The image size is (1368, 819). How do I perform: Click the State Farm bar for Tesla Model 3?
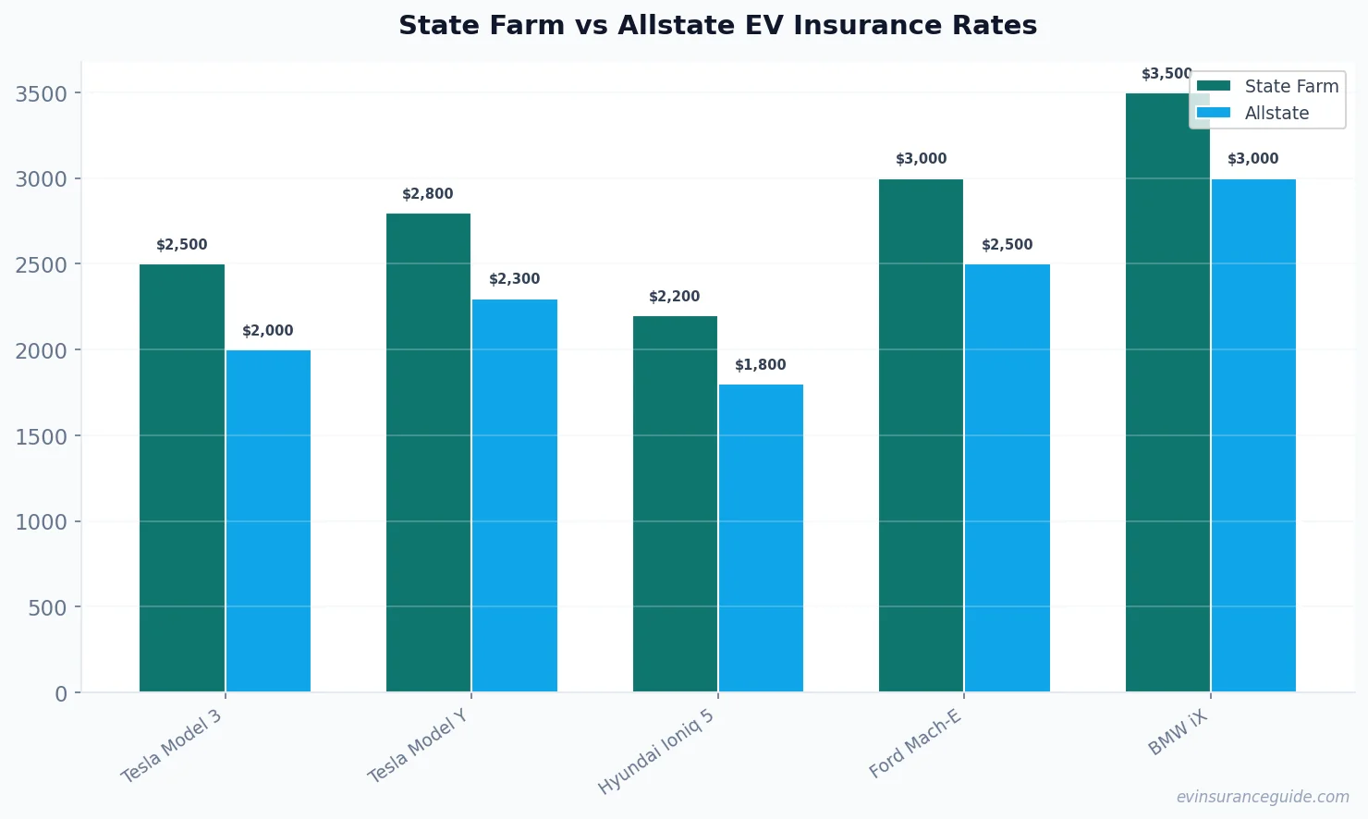point(182,478)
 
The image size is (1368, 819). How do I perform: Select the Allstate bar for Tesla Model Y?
point(515,495)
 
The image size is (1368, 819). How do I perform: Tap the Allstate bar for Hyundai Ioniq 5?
point(761,538)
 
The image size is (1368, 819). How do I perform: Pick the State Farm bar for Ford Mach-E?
point(921,435)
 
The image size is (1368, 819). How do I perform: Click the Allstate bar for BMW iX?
point(1253,435)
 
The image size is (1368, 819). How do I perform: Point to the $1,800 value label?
point(761,365)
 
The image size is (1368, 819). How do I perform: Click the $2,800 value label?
point(428,194)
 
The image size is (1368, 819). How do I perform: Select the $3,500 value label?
point(1166,74)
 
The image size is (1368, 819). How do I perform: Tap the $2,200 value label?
point(675,297)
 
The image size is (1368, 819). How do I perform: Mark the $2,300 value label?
point(515,279)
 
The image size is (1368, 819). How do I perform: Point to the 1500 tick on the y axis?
point(42,436)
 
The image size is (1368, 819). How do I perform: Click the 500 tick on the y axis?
point(48,608)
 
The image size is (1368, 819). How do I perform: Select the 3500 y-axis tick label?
point(42,94)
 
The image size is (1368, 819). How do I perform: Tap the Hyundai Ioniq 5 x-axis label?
point(656,752)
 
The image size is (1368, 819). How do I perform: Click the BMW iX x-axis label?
point(1178,733)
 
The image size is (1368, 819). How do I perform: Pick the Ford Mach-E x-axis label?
point(915,744)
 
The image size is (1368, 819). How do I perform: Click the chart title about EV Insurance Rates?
point(717,25)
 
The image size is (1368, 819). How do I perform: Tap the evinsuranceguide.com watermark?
point(1263,797)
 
